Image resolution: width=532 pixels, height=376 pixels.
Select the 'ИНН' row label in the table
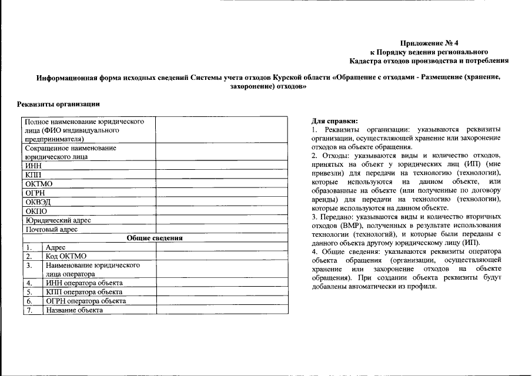pos(34,166)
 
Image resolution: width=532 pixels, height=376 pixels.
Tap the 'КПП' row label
pos(34,175)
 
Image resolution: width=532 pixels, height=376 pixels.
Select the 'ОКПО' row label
pos(36,211)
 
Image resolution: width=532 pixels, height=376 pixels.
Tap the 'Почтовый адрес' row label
pos(52,229)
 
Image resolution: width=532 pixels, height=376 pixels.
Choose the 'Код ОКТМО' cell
pos(66,256)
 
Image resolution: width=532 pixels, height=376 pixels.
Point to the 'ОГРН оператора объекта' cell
pos(86,301)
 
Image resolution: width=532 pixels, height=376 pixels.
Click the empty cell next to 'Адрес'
pos(222,247)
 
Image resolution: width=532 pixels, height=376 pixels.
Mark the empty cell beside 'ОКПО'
pos(222,211)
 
